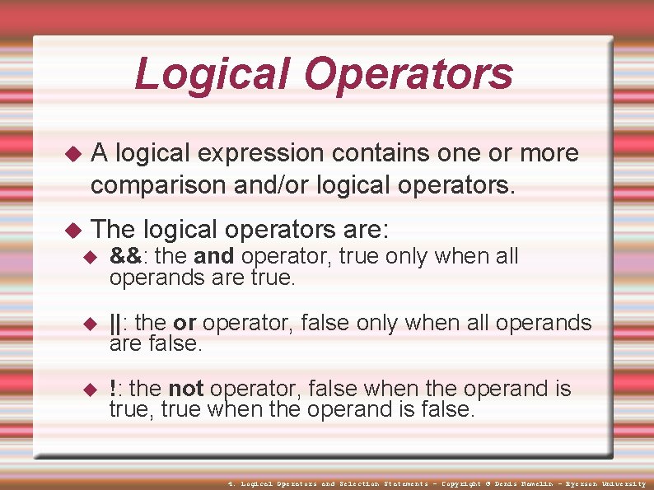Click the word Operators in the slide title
[409, 74]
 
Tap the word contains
[381, 153]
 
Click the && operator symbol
[124, 257]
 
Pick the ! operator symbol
[113, 389]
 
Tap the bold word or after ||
[184, 323]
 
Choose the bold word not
[185, 389]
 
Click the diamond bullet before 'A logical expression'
[73, 154]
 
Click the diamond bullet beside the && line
[91, 258]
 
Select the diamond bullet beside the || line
[91, 324]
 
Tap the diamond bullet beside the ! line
[91, 390]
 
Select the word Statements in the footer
[405, 484]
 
